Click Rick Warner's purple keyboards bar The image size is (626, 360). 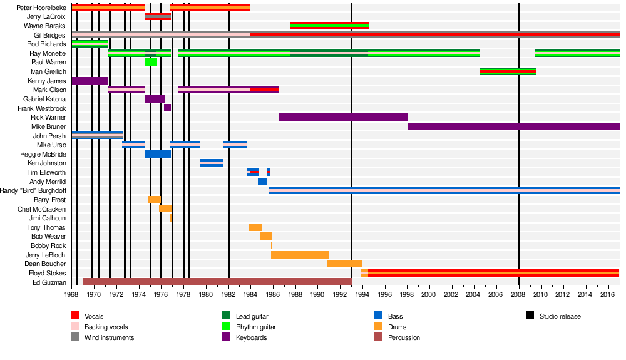point(343,117)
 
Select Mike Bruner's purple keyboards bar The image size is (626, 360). point(513,126)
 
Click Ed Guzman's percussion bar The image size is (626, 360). point(217,282)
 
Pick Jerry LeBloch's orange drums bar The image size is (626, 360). point(300,255)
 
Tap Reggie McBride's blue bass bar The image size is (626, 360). point(158,154)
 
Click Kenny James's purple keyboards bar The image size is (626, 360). point(90,81)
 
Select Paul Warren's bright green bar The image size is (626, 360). point(151,62)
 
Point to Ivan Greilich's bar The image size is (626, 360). point(507,71)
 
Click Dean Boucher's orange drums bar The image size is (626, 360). point(344,264)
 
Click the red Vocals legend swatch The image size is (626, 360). point(75,316)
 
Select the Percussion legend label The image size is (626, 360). point(404,337)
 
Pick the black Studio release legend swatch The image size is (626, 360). point(529,316)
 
